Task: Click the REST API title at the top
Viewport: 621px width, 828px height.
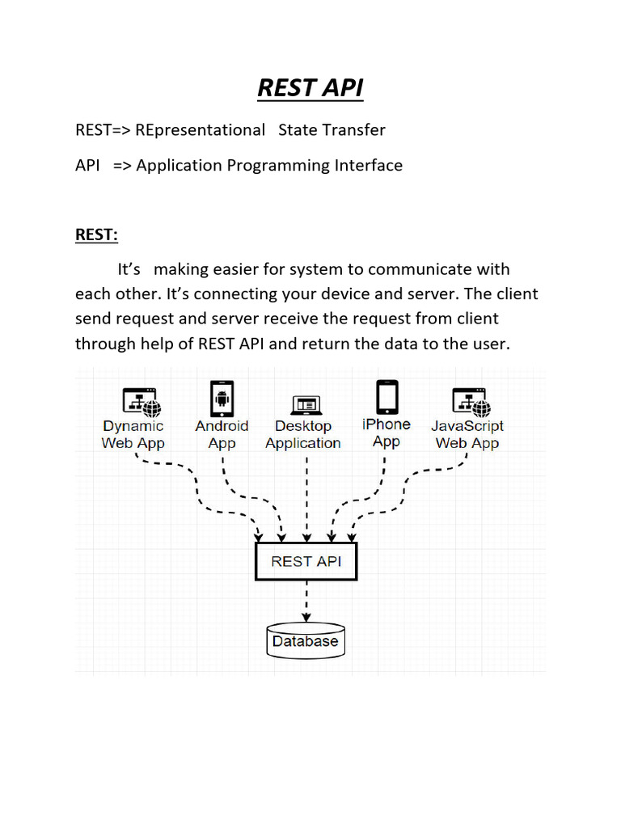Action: click(x=310, y=87)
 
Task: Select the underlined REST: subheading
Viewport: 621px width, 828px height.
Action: click(x=96, y=234)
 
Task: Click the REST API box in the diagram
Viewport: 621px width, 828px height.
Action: click(x=305, y=561)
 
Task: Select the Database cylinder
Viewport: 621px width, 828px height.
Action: click(x=305, y=640)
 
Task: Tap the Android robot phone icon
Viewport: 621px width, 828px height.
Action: click(x=222, y=398)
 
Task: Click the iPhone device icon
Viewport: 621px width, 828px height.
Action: click(x=387, y=396)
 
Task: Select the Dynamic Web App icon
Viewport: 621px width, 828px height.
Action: click(x=141, y=400)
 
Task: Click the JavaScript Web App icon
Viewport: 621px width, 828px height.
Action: click(x=469, y=400)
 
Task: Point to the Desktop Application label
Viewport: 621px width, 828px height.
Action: click(x=303, y=435)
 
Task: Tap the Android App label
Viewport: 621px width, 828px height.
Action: click(x=222, y=434)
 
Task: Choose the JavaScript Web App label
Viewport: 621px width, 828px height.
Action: click(x=467, y=434)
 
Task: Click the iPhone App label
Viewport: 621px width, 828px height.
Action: click(x=387, y=433)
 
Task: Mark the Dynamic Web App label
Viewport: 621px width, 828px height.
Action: click(x=133, y=434)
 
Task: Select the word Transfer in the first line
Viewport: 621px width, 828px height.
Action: click(x=354, y=129)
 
